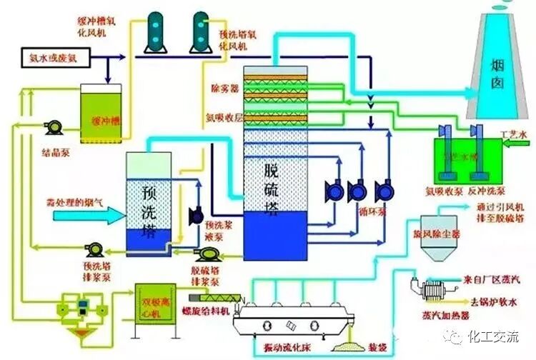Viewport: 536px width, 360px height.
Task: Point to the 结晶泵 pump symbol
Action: click(52, 127)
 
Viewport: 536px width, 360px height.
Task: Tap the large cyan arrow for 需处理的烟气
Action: click(79, 214)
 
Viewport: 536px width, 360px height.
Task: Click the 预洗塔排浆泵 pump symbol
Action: click(95, 249)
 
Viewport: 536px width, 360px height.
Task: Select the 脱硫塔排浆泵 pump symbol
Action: click(207, 254)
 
